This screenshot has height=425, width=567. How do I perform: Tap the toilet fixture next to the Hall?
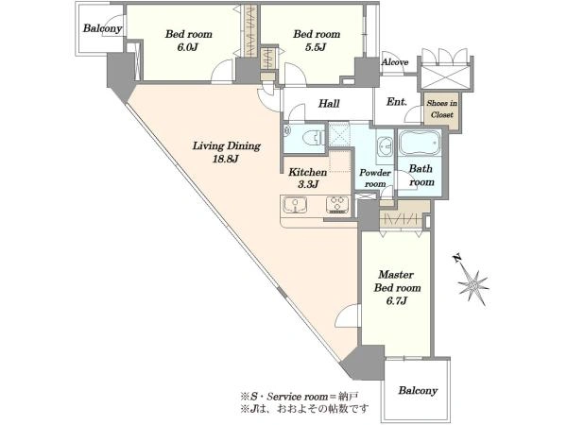[312, 138]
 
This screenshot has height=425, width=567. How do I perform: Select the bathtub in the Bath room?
[420, 143]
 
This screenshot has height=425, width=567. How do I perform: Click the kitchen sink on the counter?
[296, 205]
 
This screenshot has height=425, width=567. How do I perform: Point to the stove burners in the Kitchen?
[338, 205]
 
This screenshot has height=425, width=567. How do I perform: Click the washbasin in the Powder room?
[386, 147]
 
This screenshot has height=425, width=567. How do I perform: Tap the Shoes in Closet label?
[442, 109]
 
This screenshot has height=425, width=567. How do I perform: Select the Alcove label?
[395, 62]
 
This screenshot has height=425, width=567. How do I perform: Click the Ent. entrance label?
[396, 102]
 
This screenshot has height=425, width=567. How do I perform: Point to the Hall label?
[329, 104]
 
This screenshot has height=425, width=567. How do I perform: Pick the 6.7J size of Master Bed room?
[397, 300]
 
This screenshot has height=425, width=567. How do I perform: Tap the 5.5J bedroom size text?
[316, 47]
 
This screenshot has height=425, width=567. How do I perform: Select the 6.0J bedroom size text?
[187, 47]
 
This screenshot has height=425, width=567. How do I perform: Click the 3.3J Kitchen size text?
[307, 184]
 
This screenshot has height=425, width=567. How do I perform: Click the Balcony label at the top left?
[102, 28]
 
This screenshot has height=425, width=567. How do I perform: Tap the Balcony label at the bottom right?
[418, 391]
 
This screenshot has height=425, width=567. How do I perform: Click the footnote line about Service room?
[300, 397]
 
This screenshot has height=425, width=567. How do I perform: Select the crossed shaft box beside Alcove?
[446, 77]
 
